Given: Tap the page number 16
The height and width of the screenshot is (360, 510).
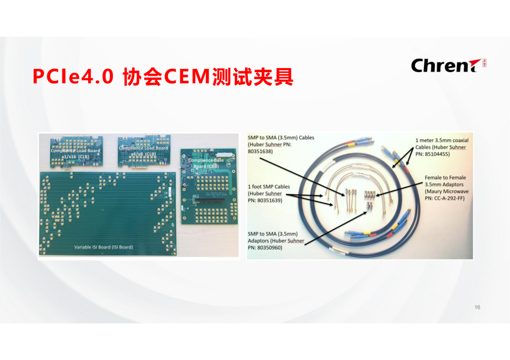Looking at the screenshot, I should pyautogui.click(x=477, y=307).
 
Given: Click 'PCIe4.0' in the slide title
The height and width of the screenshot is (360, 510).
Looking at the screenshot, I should pyautogui.click(x=73, y=76).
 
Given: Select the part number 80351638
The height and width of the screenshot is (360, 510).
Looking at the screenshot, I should pyautogui.click(x=260, y=151).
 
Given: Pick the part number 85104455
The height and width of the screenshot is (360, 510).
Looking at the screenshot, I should pyautogui.click(x=438, y=154).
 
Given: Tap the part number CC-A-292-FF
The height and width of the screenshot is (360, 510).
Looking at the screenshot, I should pyautogui.click(x=444, y=199).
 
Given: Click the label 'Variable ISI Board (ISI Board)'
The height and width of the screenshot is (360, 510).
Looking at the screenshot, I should pyautogui.click(x=103, y=247).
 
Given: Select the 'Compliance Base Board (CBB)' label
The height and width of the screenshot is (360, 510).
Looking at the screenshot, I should pyautogui.click(x=206, y=163).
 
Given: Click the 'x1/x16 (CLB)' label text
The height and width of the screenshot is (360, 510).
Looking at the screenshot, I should pyautogui.click(x=75, y=157).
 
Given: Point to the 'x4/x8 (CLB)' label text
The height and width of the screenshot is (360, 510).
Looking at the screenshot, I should pyautogui.click(x=143, y=154).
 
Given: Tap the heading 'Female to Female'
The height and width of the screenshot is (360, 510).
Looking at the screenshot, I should pyautogui.click(x=444, y=178).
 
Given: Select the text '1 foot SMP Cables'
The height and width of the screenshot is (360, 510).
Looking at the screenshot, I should pyautogui.click(x=269, y=187).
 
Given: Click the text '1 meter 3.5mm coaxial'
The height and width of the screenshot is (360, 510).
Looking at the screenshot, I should pyautogui.click(x=442, y=140).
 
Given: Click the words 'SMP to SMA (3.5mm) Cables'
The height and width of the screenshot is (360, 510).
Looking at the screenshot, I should pyautogui.click(x=280, y=138).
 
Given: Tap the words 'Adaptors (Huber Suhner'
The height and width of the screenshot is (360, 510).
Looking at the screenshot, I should pyautogui.click(x=276, y=241).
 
